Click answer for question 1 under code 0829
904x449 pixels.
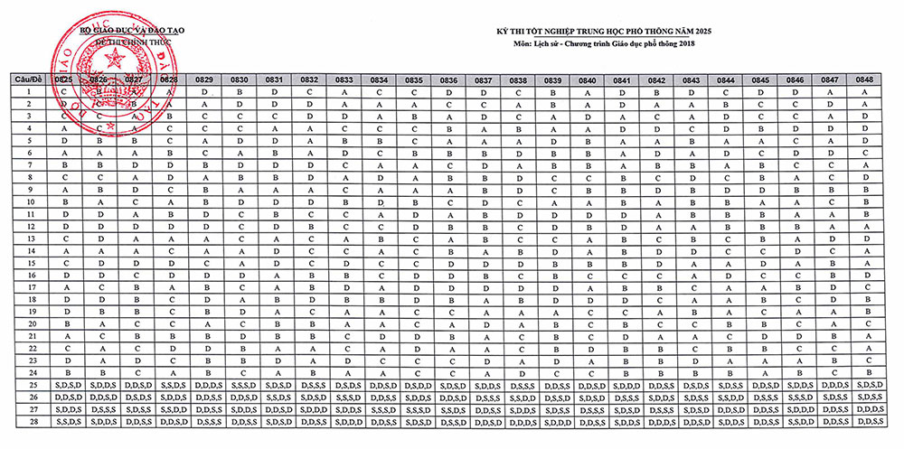pos(205,92)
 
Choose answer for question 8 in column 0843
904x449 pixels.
pos(692,178)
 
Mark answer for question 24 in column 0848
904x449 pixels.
pos(866,372)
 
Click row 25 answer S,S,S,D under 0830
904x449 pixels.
pos(240,385)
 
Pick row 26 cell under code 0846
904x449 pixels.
pos(796,397)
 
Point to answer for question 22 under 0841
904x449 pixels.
pos(623,348)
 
